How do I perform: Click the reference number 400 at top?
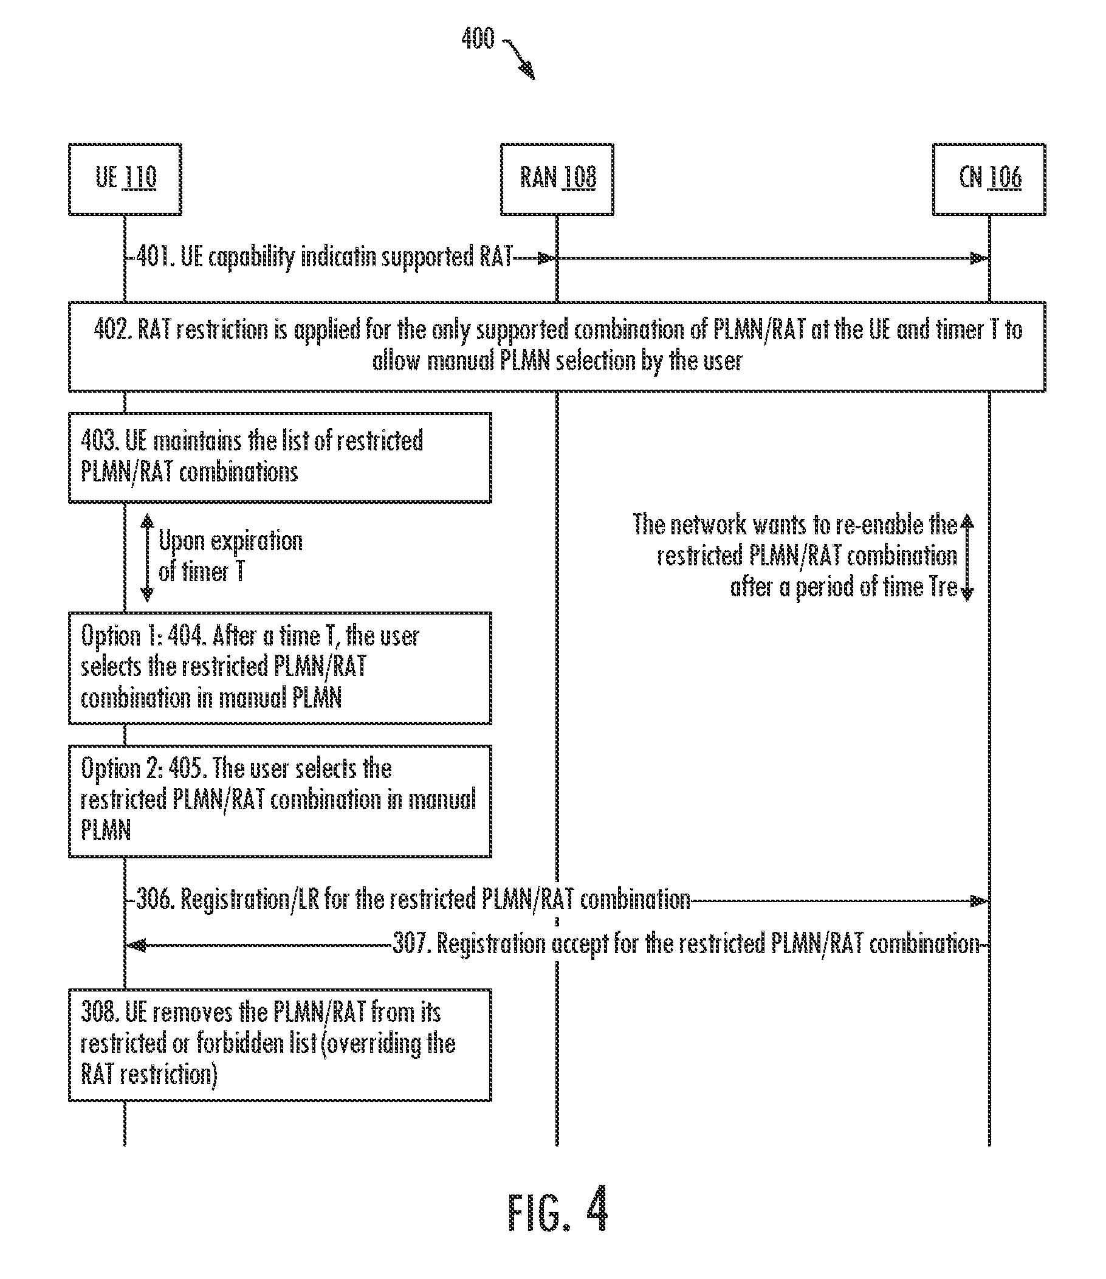click(478, 38)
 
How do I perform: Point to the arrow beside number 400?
click(520, 60)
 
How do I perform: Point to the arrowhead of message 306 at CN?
click(980, 902)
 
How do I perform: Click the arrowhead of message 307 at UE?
click(136, 945)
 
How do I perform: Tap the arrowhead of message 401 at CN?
click(980, 258)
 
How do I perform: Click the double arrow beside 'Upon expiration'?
click(147, 557)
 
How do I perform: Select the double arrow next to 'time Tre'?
click(967, 557)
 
